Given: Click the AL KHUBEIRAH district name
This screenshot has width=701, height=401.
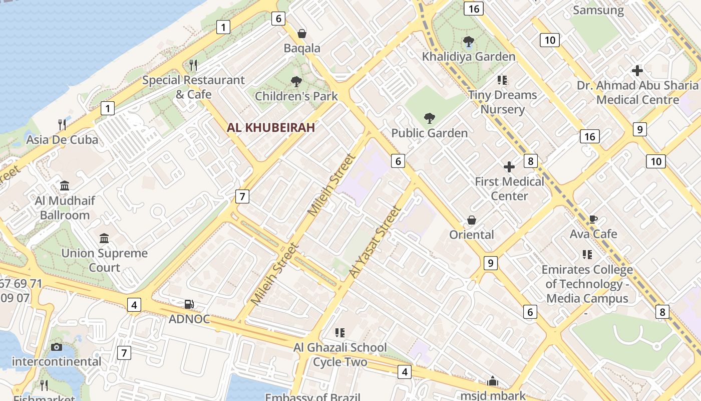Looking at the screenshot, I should coord(271,127).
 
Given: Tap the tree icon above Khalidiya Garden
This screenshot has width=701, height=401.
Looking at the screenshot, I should coord(469,41).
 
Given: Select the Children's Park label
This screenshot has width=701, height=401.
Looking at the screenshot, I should coord(296,95).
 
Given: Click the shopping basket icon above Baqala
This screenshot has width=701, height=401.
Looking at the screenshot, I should coord(302,34).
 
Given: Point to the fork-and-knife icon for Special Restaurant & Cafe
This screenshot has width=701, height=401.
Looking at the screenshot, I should coord(193,65).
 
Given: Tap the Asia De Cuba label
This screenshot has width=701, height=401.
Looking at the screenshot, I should coord(63,139).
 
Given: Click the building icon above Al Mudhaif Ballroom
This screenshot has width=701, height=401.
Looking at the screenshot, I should coord(65,186).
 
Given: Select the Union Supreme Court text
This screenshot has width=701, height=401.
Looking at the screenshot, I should coord(105,260).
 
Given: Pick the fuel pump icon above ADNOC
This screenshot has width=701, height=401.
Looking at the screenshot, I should coord(189,304).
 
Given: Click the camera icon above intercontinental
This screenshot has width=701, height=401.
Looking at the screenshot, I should coord(57,347).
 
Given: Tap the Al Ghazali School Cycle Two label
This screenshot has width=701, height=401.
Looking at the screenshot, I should coord(340,354).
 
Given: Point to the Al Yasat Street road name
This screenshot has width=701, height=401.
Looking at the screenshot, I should coord(376,242).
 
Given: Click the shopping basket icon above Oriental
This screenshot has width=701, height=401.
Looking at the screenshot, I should coord(472,220).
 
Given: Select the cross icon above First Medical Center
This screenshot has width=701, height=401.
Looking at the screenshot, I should coord(509,166).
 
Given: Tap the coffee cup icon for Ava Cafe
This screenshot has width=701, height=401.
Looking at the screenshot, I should coord(593,219).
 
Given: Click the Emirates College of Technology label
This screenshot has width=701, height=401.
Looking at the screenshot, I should coord(587,284).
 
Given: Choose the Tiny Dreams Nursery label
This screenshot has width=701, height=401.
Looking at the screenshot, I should coord(502,102).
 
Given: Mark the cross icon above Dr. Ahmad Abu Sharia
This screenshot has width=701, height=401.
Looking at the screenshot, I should coord(637,71).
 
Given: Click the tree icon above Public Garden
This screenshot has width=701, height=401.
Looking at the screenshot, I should coord(429,118).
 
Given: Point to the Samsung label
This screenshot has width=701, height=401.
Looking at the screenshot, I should coord(598,10).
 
